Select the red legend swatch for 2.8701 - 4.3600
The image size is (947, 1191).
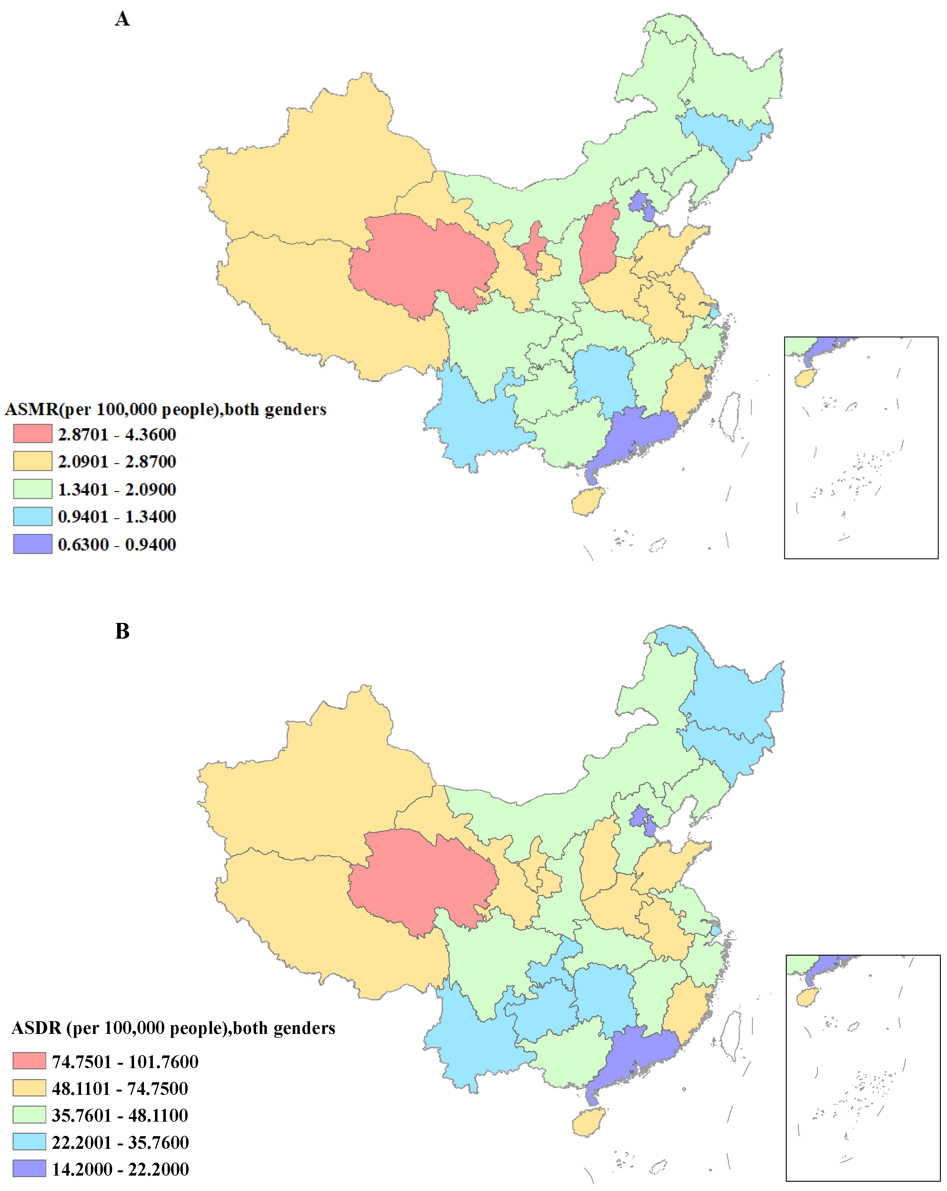tap(33, 434)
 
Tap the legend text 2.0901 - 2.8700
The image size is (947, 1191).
tap(116, 462)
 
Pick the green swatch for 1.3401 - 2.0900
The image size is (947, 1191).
tap(33, 489)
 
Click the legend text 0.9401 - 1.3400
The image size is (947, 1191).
tap(116, 517)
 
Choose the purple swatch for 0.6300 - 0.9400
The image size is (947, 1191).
tap(33, 544)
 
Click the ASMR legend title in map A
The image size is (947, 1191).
tap(165, 409)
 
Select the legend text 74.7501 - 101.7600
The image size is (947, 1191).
tap(125, 1061)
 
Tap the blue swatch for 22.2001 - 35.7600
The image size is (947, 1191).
tap(29, 1142)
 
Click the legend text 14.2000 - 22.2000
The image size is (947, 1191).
tap(120, 1169)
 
